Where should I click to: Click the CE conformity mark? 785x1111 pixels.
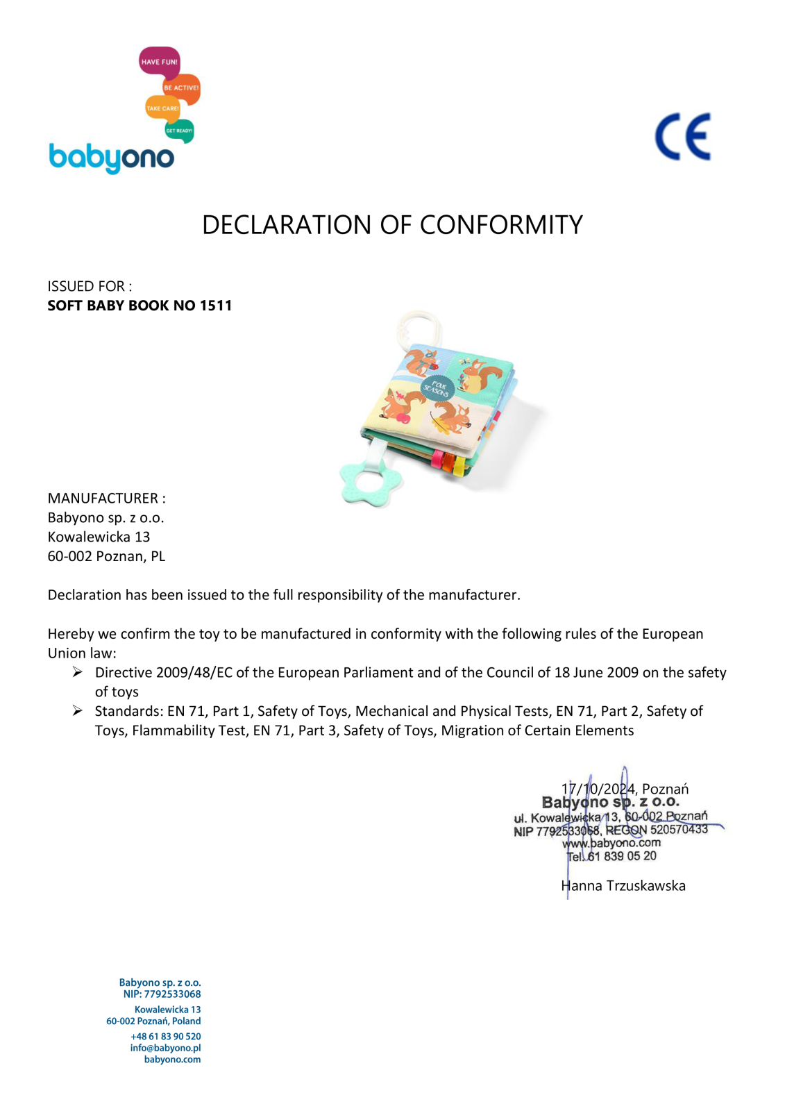coord(683,137)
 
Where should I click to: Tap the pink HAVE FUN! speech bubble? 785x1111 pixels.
coord(159,62)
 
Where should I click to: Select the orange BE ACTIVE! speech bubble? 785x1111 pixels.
coord(181,88)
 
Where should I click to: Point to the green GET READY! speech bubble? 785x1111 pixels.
coord(179,131)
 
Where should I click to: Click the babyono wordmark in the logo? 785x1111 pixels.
coord(111,158)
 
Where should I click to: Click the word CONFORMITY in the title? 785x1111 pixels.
coord(501,225)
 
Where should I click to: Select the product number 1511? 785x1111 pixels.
coord(216,306)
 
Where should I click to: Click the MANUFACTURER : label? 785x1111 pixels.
coord(106,499)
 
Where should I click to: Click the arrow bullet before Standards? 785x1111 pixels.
coord(78,711)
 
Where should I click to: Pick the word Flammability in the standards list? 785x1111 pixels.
coord(189,730)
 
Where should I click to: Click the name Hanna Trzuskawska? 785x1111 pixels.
coord(623,886)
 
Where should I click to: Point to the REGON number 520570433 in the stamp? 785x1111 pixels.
coord(679,829)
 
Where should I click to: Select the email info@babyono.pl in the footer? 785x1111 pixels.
coord(165,1048)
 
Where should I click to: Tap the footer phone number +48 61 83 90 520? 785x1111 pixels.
coord(165,1036)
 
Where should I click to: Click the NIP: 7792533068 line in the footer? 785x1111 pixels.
coord(162,994)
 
